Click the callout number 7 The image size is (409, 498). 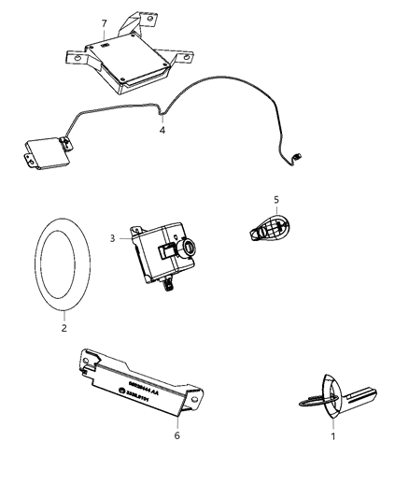[104, 21]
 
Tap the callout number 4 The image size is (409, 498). [162, 132]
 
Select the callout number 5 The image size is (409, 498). [275, 199]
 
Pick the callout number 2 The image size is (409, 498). [63, 327]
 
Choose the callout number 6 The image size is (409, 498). [177, 434]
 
